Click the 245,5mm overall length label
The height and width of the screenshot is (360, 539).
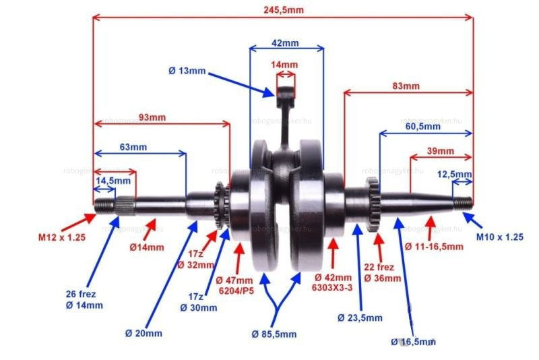284,9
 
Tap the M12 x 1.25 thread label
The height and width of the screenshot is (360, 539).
61,237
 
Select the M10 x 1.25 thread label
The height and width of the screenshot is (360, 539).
500,237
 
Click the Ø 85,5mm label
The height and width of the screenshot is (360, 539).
274,334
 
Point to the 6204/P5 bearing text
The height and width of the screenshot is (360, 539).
235,290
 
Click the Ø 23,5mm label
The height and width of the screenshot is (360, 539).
360,318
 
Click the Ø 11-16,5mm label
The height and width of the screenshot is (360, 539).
434,246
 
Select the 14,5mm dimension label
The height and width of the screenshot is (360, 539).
113,181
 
